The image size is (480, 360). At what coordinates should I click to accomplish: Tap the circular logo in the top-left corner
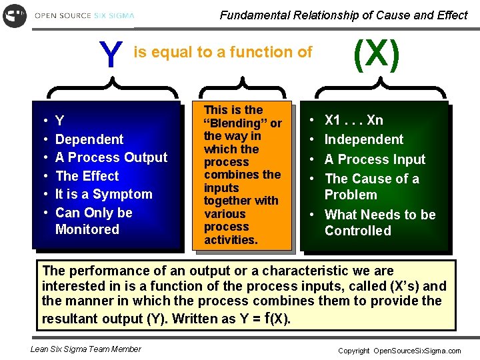click(x=15, y=15)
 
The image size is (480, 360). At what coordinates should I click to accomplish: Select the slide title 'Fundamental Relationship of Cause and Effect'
click(x=343, y=15)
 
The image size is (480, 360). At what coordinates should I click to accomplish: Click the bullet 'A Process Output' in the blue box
click(x=111, y=157)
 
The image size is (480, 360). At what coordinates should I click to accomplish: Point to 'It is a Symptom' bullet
click(x=103, y=194)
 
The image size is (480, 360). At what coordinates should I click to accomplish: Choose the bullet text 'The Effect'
click(x=87, y=176)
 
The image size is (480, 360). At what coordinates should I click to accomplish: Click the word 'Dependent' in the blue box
click(x=89, y=139)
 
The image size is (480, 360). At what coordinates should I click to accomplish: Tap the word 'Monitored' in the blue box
click(x=87, y=229)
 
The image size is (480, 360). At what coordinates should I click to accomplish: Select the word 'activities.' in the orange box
click(x=231, y=240)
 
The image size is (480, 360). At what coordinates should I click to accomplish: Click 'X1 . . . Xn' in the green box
click(x=353, y=120)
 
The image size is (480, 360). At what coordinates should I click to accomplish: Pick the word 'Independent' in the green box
click(x=363, y=139)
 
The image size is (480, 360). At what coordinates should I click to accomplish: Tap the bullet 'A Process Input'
click(x=375, y=159)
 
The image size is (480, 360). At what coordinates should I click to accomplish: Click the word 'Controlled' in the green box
click(x=357, y=231)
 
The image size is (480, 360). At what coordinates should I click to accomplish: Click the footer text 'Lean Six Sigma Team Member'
click(x=86, y=349)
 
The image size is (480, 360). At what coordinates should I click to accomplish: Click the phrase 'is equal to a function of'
click(x=223, y=52)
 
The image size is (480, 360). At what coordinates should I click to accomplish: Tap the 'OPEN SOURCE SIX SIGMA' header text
click(x=84, y=15)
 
